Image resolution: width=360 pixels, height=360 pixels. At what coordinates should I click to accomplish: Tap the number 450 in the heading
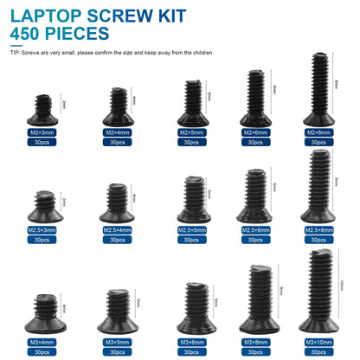pyautogui.click(x=26, y=34)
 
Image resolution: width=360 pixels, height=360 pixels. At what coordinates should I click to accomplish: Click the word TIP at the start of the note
pyautogui.click(x=14, y=54)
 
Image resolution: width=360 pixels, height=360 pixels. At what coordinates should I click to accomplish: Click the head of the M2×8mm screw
pyautogui.click(x=318, y=118)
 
